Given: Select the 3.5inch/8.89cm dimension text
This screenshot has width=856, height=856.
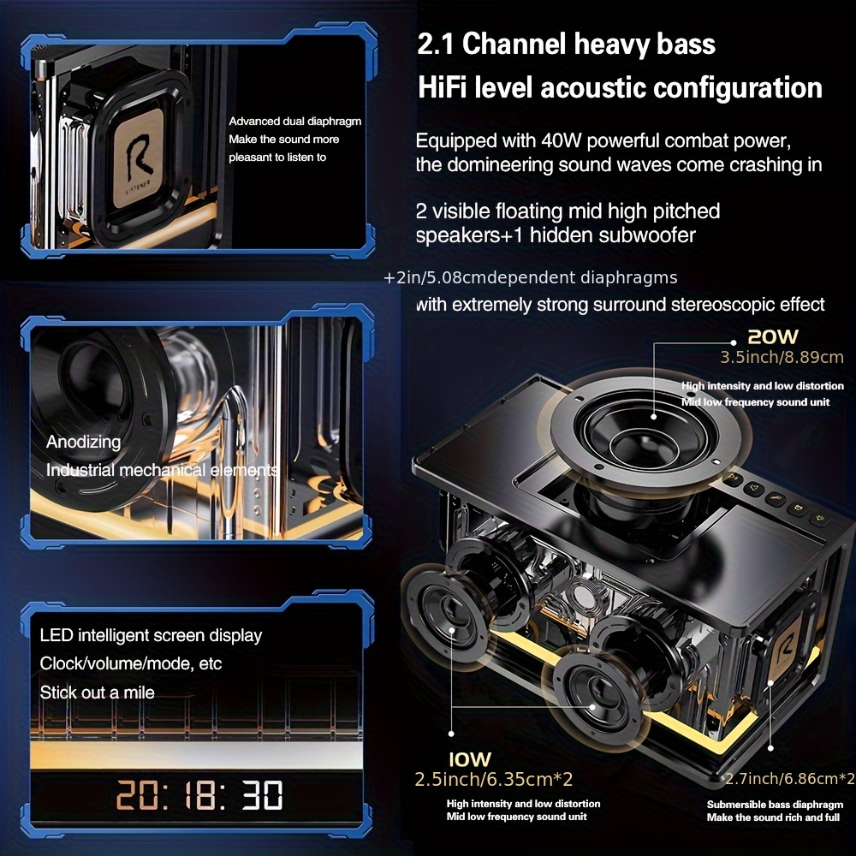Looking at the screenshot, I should pyautogui.click(x=782, y=357).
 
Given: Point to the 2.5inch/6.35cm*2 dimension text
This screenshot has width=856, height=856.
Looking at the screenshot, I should pyautogui.click(x=493, y=779).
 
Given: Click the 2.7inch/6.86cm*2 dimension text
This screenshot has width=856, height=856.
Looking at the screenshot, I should pyautogui.click(x=788, y=778).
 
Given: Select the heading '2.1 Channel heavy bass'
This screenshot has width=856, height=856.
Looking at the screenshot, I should pyautogui.click(x=566, y=44).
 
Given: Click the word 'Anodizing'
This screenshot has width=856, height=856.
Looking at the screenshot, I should pyautogui.click(x=83, y=443).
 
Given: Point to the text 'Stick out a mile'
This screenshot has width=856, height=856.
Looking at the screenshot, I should pyautogui.click(x=97, y=692).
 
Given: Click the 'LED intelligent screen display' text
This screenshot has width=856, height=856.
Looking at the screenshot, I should pyautogui.click(x=151, y=635).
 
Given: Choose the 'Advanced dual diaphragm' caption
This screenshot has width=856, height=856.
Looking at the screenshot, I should pyautogui.click(x=294, y=122).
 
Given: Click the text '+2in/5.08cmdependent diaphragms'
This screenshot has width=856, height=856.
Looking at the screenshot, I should pyautogui.click(x=530, y=277).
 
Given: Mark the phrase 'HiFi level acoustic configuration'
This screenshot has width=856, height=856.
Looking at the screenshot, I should pyautogui.click(x=619, y=87).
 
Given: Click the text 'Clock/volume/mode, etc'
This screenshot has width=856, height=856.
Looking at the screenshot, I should pyautogui.click(x=130, y=663).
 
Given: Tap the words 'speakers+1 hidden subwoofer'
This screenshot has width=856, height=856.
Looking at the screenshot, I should pyautogui.click(x=556, y=235).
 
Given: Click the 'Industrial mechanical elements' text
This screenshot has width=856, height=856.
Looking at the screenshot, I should pyautogui.click(x=162, y=470).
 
